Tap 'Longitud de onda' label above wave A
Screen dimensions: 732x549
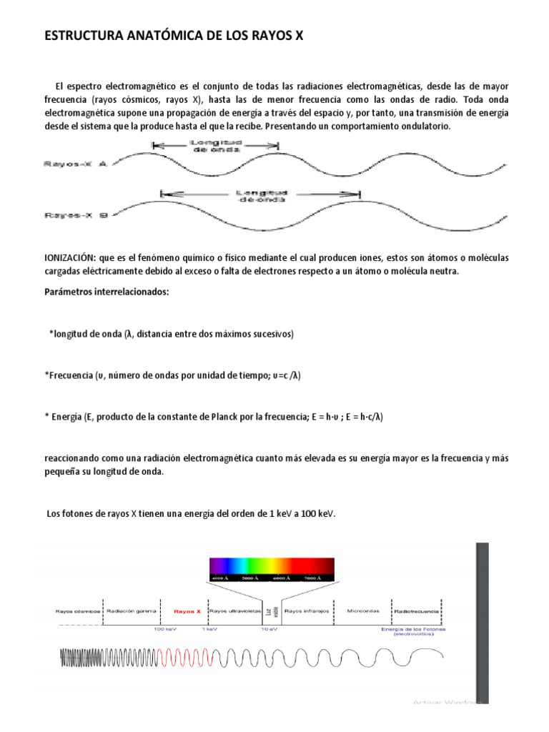(x=215, y=146)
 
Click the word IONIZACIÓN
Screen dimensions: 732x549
(x=76, y=257)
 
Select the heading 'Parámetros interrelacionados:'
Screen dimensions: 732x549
(x=108, y=292)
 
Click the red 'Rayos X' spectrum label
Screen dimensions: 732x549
(x=187, y=611)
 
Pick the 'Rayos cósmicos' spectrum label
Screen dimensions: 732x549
(x=76, y=611)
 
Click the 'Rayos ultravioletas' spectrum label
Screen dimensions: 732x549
(x=234, y=611)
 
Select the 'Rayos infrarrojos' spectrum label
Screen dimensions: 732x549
(x=306, y=611)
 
